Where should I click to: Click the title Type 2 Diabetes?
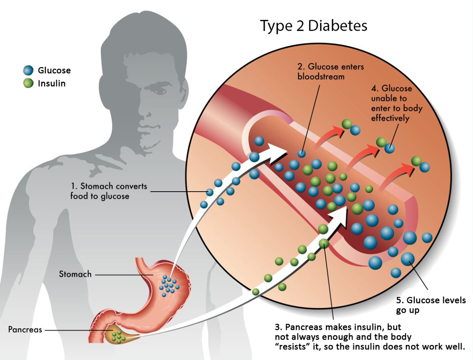coord(313,26)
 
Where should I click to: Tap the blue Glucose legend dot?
coord(29,70)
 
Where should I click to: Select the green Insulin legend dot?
coord(29,84)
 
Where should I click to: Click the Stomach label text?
coord(75,274)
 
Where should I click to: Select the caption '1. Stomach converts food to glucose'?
coord(109,191)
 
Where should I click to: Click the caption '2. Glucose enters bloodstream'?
coord(330,71)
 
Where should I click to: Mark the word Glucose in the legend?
coord(54,70)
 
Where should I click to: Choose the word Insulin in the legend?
coord(52,84)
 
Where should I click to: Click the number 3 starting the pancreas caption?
coord(277,326)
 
